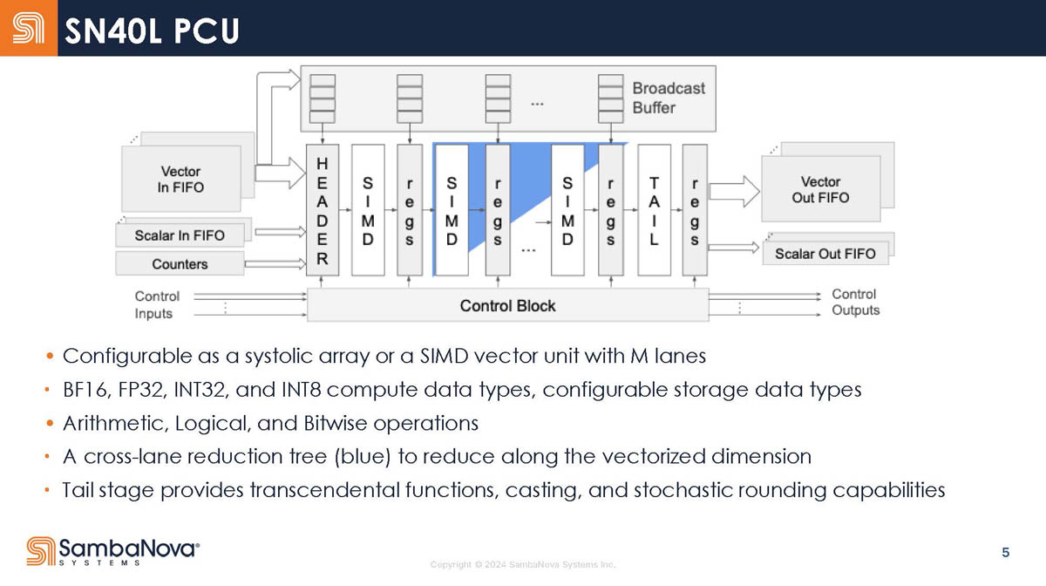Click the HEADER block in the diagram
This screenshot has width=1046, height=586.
[x=323, y=210]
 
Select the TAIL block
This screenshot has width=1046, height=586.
[x=654, y=210]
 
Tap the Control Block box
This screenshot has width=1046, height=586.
[x=507, y=305]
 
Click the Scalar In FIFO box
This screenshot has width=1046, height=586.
[x=180, y=235]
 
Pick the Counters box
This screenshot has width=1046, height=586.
[x=180, y=263]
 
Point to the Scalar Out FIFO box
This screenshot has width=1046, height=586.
[x=825, y=254]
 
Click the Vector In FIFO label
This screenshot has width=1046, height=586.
[x=181, y=179]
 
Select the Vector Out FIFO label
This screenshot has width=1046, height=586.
[x=820, y=189]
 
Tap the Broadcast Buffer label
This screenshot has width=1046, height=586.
[x=668, y=98]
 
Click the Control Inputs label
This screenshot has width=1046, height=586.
[x=157, y=304]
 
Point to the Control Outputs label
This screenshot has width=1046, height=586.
[x=855, y=303]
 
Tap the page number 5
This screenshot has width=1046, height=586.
[x=1006, y=552]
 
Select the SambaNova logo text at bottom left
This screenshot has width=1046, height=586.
[x=129, y=549]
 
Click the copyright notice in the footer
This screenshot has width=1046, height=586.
[x=523, y=565]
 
